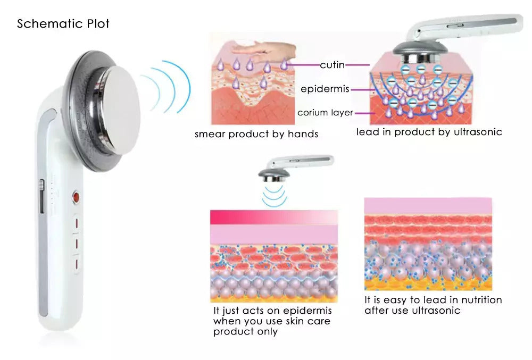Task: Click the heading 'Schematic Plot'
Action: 63,24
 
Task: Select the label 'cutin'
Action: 332,65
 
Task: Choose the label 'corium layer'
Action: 325,113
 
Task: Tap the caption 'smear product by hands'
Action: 256,134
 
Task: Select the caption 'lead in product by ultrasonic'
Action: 429,132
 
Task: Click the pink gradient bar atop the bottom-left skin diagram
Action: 273,217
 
